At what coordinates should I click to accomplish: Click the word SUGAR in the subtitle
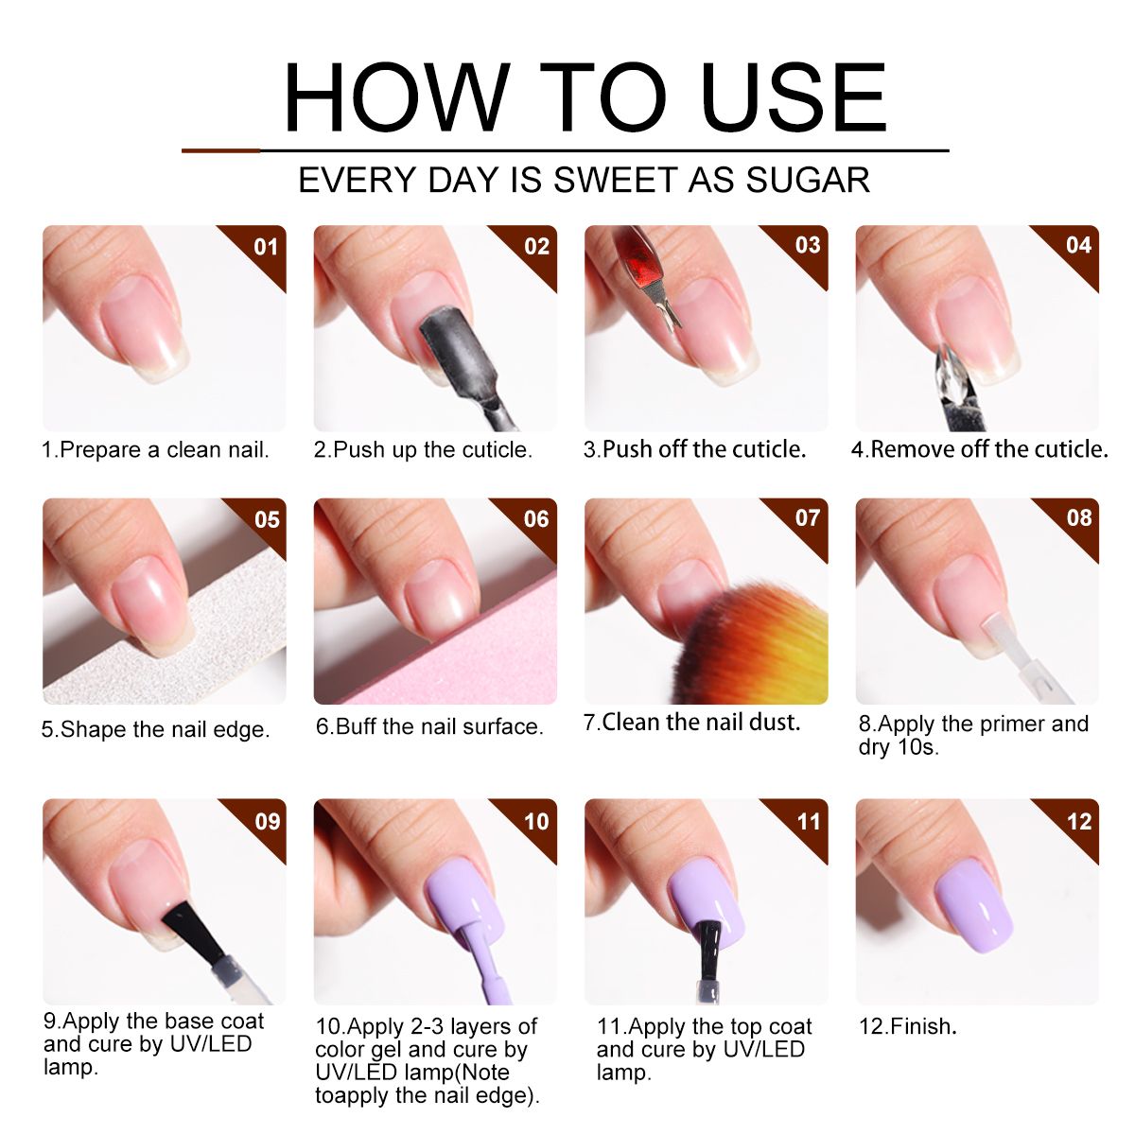point(808,180)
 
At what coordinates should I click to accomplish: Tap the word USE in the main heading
point(794,97)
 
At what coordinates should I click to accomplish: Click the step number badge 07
point(807,517)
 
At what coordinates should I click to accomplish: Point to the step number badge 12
point(1078,821)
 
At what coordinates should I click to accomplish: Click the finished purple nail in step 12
point(973,914)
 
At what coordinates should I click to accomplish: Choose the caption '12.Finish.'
point(908,1026)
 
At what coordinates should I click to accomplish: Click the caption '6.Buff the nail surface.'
point(429,726)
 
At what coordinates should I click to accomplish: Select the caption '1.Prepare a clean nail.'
point(155,450)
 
